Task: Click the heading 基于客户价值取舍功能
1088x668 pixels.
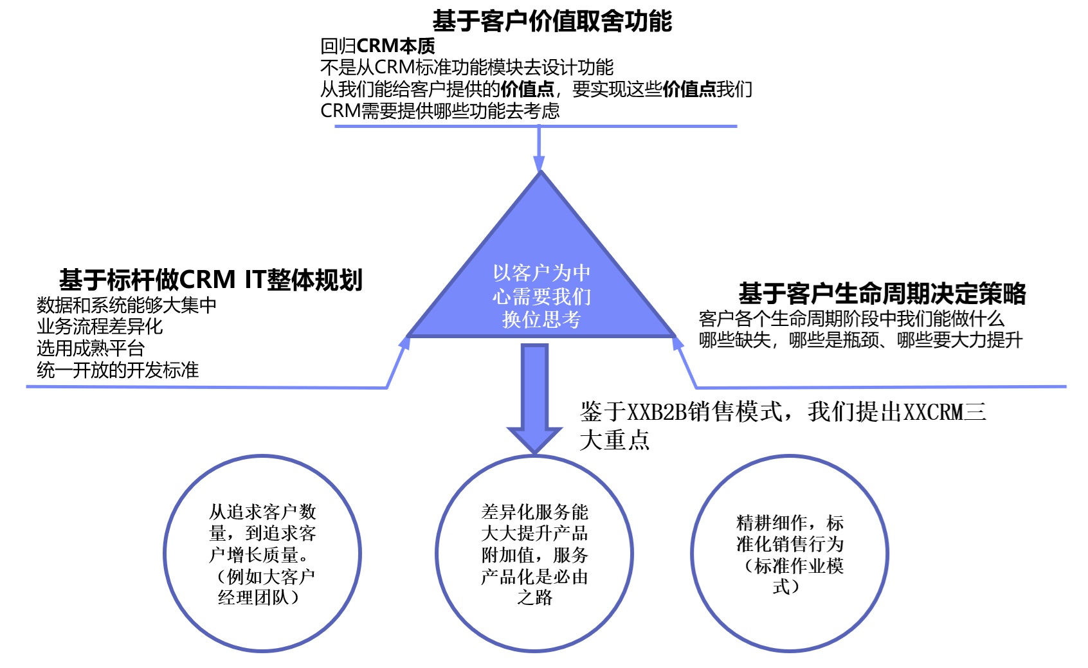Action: pos(552,21)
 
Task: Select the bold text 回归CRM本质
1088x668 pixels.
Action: pos(377,46)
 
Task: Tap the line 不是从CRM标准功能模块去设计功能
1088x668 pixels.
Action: pos(467,68)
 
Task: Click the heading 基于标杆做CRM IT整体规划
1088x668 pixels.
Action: pos(211,280)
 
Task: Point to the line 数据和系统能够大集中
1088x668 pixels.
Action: pos(126,305)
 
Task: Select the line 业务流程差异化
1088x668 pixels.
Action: pos(100,327)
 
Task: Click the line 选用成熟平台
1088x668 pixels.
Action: pos(90,348)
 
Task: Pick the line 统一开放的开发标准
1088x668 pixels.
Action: pos(118,370)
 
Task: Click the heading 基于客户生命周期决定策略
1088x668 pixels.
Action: pos(882,293)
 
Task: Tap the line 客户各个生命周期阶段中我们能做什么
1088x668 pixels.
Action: pos(851,319)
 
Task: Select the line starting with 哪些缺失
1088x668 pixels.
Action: pos(860,340)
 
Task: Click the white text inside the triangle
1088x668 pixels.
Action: pos(541,296)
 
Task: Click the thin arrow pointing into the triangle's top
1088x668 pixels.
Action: pos(539,149)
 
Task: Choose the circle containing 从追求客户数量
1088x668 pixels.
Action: pos(165,554)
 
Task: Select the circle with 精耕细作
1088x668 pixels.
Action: pos(692,554)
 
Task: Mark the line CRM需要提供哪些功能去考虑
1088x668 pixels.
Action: pos(440,111)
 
